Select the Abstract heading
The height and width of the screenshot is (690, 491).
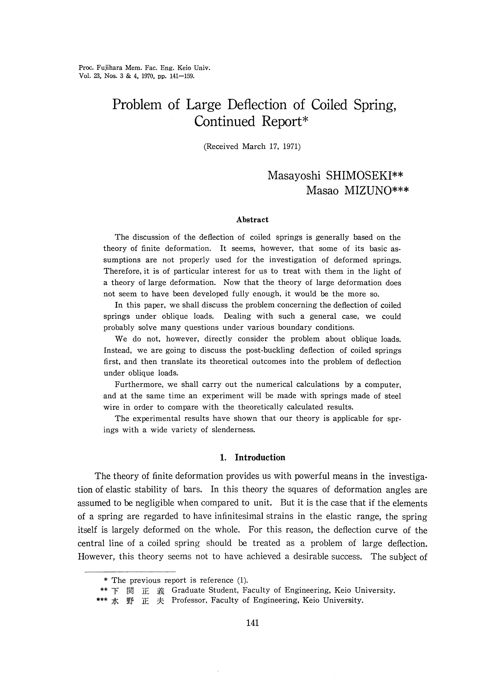point(252,220)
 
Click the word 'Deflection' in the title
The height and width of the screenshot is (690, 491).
point(257,105)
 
